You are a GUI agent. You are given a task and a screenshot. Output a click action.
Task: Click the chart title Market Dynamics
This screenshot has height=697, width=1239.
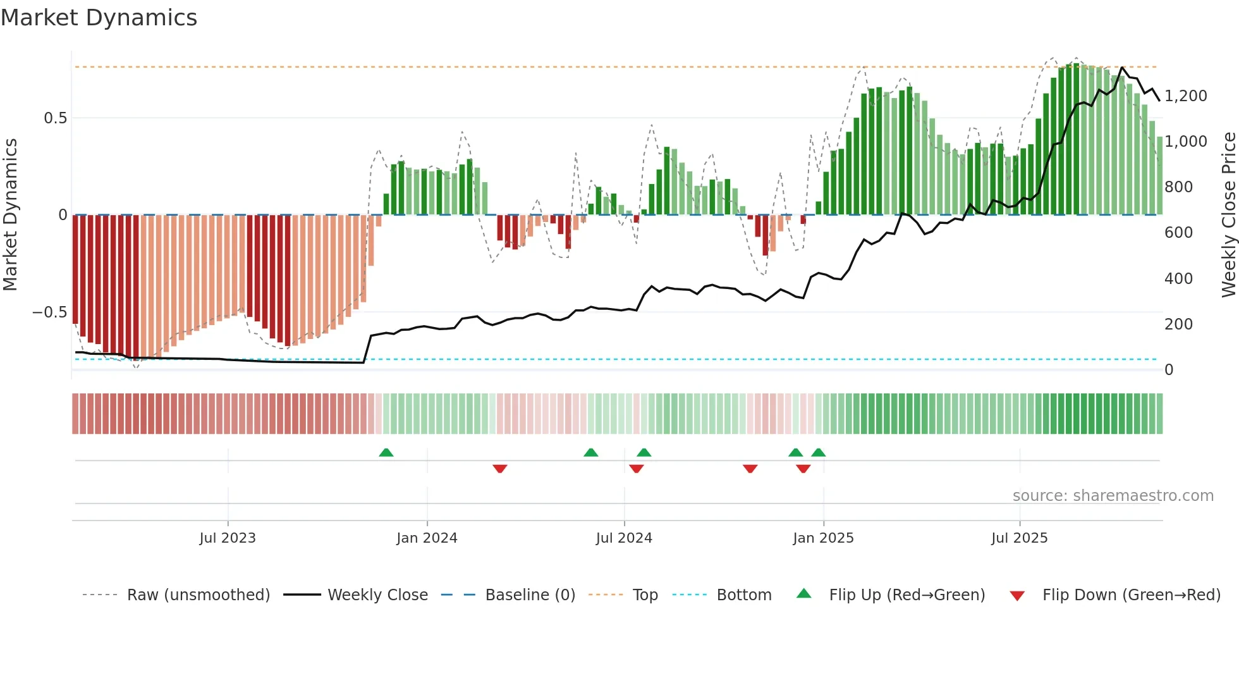click(x=99, y=18)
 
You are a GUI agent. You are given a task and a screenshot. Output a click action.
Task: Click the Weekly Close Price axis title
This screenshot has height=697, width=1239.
click(x=1228, y=214)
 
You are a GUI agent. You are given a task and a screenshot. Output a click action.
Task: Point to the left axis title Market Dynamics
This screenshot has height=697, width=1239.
click(x=10, y=214)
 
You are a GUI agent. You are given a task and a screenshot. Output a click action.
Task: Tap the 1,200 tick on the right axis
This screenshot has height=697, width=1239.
click(x=1185, y=96)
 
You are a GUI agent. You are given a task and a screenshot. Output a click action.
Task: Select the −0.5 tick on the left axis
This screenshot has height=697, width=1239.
click(x=49, y=312)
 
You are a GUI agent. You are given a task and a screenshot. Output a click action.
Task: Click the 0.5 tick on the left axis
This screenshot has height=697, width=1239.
click(x=55, y=118)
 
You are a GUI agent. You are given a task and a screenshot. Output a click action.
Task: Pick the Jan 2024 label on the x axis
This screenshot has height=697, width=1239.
click(x=427, y=538)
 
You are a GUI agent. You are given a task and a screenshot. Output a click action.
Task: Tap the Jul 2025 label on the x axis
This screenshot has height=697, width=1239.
click(x=1019, y=538)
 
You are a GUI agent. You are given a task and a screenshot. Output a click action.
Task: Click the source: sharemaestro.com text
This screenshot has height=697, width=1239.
click(x=1113, y=496)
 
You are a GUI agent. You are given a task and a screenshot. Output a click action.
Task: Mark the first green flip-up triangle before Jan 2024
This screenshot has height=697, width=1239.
click(x=386, y=452)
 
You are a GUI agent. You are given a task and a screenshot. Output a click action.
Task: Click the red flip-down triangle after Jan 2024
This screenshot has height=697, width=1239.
click(x=500, y=469)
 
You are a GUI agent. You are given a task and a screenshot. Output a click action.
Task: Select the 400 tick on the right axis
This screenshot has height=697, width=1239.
click(x=1178, y=279)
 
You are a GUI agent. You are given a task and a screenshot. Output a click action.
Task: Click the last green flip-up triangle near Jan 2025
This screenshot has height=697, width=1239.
click(x=819, y=452)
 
